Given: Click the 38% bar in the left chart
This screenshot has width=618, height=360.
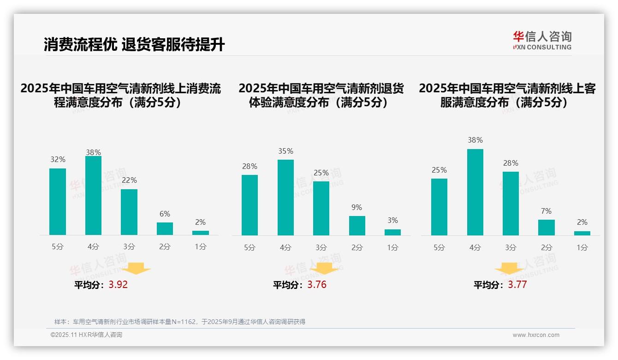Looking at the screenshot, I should pos(93,196).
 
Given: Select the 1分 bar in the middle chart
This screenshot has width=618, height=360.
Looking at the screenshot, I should pos(392,232).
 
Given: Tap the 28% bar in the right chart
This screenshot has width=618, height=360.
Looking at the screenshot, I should pos(511,204).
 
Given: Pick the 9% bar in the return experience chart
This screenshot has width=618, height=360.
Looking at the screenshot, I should pos(357,226).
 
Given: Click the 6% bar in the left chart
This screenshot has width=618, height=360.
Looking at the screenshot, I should pos(165,228).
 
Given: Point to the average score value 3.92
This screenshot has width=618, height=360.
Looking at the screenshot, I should pos(118,285).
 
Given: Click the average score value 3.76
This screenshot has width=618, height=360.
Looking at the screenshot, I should pos(317,285).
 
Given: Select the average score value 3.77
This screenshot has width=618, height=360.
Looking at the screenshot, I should pos(517,285).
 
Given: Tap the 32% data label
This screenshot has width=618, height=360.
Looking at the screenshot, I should pos(58,160).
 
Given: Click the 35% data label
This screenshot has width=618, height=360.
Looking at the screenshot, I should pos(285,151).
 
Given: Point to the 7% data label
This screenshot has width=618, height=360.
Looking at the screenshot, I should pos(546,211).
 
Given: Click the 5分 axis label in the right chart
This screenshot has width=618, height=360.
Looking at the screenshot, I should pos(439,247).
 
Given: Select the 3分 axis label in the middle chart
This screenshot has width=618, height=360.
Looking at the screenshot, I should pos(321,247).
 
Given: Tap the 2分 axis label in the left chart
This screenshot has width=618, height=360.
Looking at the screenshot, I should pos(165,247).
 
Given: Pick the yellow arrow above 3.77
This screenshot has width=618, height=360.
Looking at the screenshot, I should pos(509,269).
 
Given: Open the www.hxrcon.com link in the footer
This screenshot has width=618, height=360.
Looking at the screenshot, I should pos(536,335).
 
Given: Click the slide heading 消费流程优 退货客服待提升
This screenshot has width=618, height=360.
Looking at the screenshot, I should pos(134,45).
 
